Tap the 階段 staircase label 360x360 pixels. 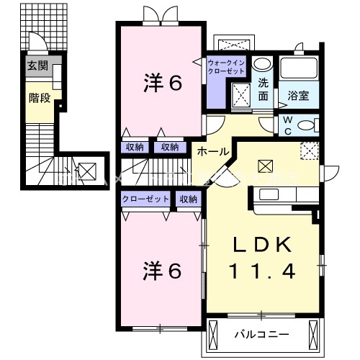pos(40,97)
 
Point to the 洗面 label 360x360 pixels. pos(264,88)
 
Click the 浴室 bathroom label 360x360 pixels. pos(298,94)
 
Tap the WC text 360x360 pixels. pos(287,124)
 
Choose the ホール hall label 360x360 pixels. pos(215,152)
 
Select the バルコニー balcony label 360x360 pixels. pos(263,335)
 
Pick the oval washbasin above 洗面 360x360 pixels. pos(264,63)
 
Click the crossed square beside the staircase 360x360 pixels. pos(86,172)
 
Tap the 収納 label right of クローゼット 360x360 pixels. pos(189,199)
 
